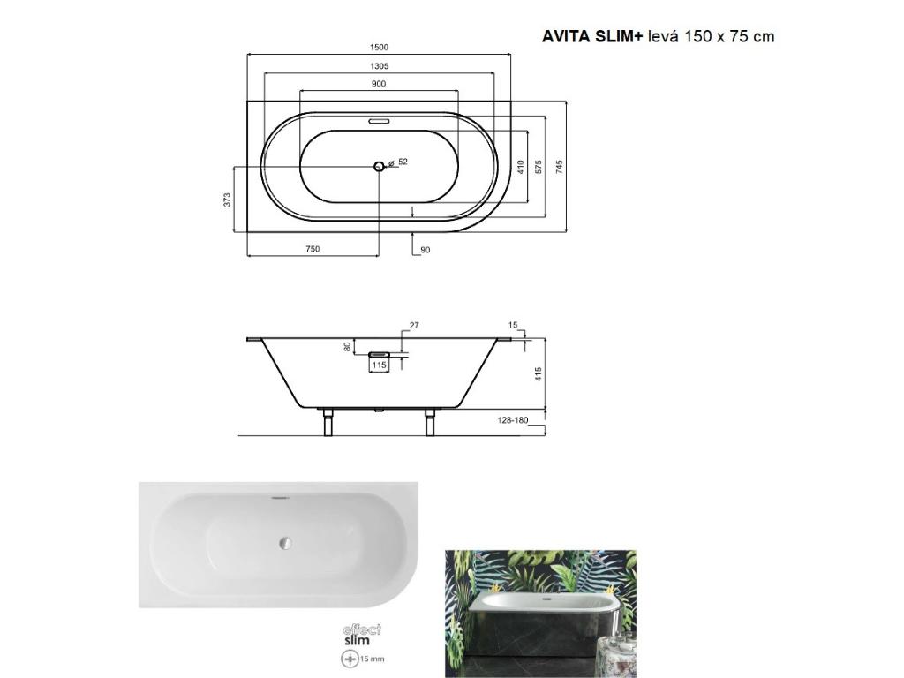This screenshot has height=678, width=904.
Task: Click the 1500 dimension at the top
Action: tap(379, 48)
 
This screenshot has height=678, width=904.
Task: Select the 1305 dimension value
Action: tap(379, 66)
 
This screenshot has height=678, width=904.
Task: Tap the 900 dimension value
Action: tap(379, 84)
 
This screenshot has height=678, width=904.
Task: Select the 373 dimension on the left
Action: tap(227, 200)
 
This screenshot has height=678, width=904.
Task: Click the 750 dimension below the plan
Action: tap(312, 249)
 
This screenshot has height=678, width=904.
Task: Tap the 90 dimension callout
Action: tap(425, 250)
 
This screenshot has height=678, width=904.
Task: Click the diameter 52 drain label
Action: tap(400, 162)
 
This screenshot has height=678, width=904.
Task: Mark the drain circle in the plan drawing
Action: tap(379, 166)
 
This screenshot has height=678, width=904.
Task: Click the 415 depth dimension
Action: tap(538, 373)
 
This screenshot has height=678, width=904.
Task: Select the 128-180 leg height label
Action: tap(511, 420)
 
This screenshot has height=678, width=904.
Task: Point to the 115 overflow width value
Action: tap(379, 365)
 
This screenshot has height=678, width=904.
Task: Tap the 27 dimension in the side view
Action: tap(414, 326)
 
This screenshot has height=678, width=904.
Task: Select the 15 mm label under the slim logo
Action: tap(371, 659)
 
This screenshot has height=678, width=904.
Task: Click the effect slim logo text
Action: tap(362, 635)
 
